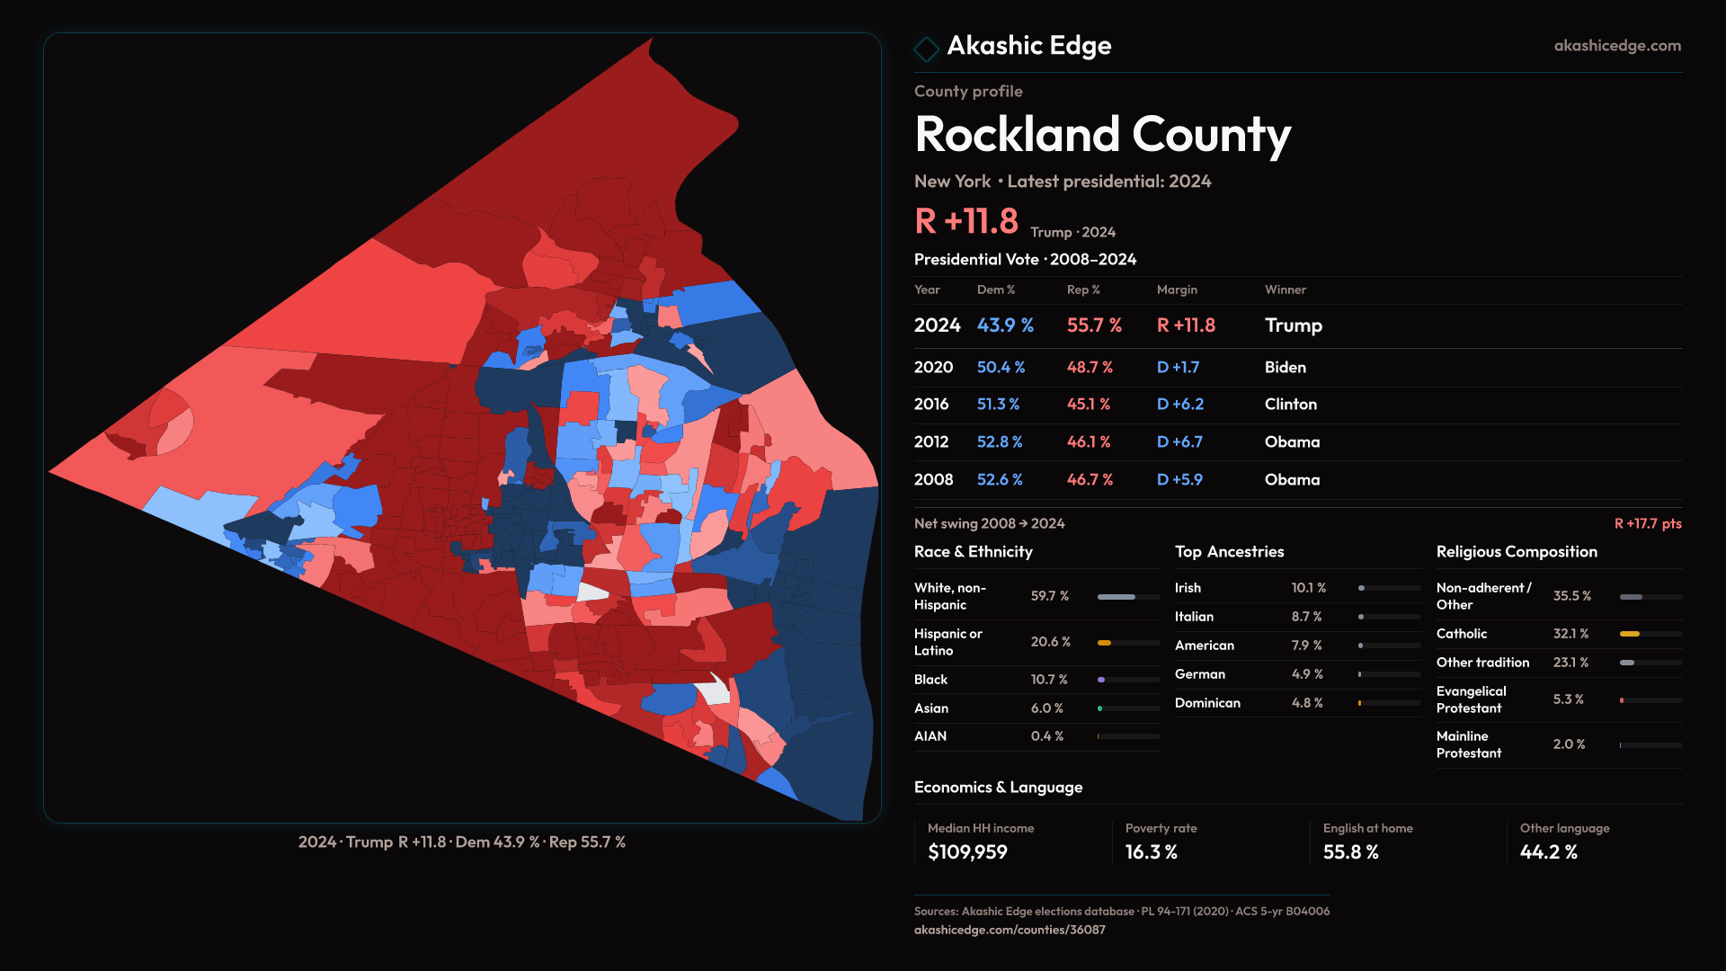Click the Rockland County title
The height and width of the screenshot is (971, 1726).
click(x=1102, y=135)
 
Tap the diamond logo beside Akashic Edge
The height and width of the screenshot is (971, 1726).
click(x=926, y=49)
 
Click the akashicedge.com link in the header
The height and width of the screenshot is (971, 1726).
click(x=1616, y=46)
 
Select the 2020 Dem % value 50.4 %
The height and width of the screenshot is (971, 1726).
click(x=1001, y=368)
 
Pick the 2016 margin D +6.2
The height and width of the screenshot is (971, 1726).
click(x=1179, y=405)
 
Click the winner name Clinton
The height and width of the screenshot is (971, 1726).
click(x=1290, y=405)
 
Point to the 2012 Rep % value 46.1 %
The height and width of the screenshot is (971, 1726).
click(x=1088, y=442)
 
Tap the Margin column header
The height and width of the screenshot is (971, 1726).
click(x=1177, y=290)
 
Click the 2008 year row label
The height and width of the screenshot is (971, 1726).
click(x=933, y=480)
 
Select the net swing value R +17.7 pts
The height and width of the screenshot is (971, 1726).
click(x=1647, y=523)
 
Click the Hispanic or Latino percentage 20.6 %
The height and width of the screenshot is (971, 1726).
click(x=1050, y=642)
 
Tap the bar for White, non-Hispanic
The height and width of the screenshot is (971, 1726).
click(x=1127, y=597)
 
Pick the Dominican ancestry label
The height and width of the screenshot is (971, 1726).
click(x=1207, y=703)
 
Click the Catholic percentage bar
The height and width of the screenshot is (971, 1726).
click(x=1650, y=634)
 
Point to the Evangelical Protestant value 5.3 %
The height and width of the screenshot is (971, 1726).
click(x=1568, y=699)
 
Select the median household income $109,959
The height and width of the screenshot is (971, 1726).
click(x=967, y=852)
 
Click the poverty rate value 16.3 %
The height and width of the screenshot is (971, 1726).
click(x=1151, y=852)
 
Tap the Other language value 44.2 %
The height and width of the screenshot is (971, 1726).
click(x=1548, y=852)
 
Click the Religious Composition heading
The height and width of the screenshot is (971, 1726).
click(x=1516, y=552)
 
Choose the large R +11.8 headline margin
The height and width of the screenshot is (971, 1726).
click(x=965, y=221)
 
